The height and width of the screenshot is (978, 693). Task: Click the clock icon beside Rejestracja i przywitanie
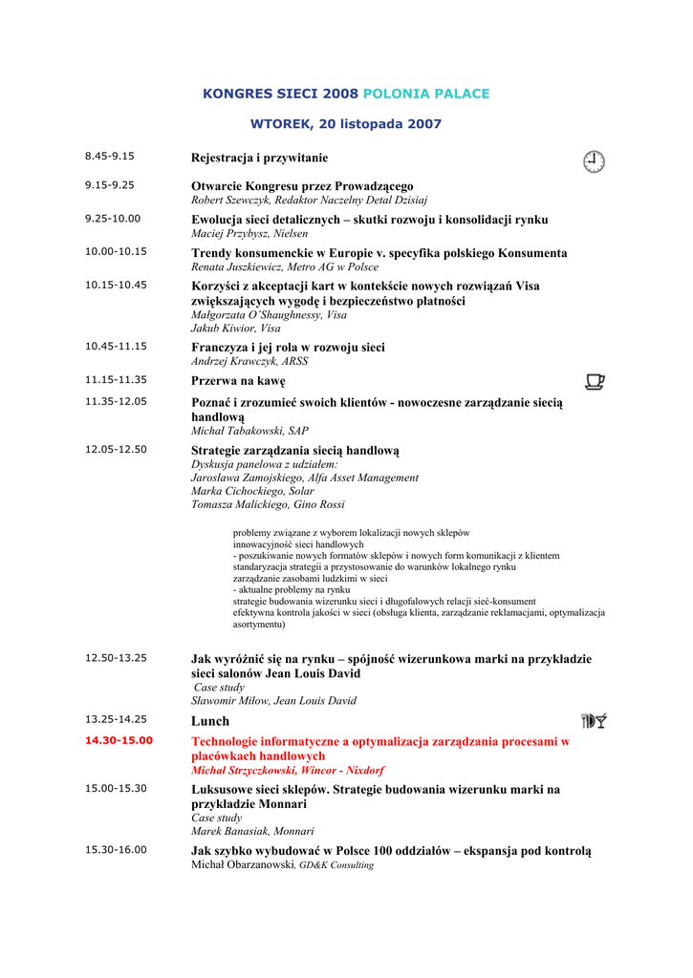pyautogui.click(x=594, y=161)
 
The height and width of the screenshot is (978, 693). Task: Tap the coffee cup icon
pyautogui.click(x=594, y=382)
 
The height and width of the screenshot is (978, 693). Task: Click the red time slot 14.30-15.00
pyautogui.click(x=119, y=740)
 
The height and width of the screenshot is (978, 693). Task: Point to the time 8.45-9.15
pyautogui.click(x=109, y=156)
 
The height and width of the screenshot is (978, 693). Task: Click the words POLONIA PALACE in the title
pyautogui.click(x=425, y=94)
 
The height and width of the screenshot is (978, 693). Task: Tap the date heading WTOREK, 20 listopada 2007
pyautogui.click(x=346, y=124)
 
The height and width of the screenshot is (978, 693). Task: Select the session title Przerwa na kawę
pyautogui.click(x=238, y=381)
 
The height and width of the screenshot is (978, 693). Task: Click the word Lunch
pyautogui.click(x=210, y=721)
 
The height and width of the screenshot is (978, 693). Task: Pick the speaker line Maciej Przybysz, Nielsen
pyautogui.click(x=249, y=233)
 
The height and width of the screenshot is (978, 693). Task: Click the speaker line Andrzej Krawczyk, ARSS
pyautogui.click(x=249, y=362)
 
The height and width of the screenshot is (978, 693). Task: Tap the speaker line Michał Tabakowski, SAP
pyautogui.click(x=249, y=431)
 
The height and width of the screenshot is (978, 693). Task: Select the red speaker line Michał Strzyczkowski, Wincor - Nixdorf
pyautogui.click(x=288, y=770)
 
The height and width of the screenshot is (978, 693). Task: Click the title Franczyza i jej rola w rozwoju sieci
pyautogui.click(x=288, y=348)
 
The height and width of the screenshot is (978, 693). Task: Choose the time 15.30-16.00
pyautogui.click(x=115, y=849)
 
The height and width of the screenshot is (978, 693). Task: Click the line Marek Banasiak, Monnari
pyautogui.click(x=252, y=831)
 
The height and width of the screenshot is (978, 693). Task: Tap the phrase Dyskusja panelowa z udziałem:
pyautogui.click(x=257, y=464)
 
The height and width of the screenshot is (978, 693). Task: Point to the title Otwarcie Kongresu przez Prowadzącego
pyautogui.click(x=302, y=186)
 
